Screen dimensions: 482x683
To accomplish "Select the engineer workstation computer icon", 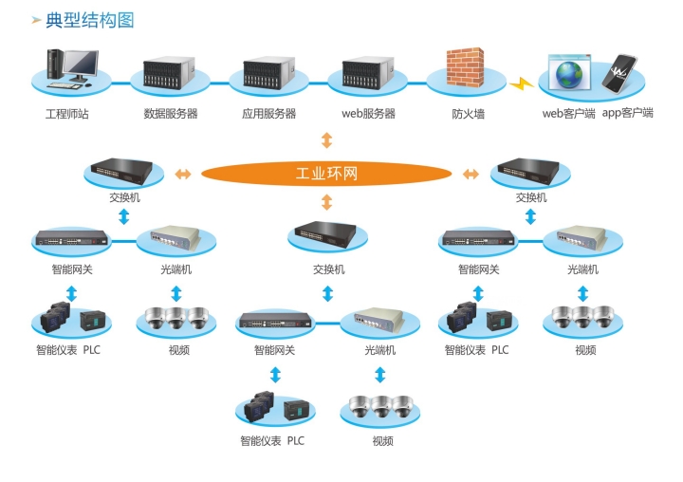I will [70, 66].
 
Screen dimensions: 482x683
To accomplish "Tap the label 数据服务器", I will [171, 114].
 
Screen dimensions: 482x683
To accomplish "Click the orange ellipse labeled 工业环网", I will [325, 174].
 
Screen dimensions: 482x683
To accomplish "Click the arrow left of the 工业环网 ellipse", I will [183, 174].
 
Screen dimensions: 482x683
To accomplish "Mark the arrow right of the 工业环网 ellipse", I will [470, 174].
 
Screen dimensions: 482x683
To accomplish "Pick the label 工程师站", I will [66, 114].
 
